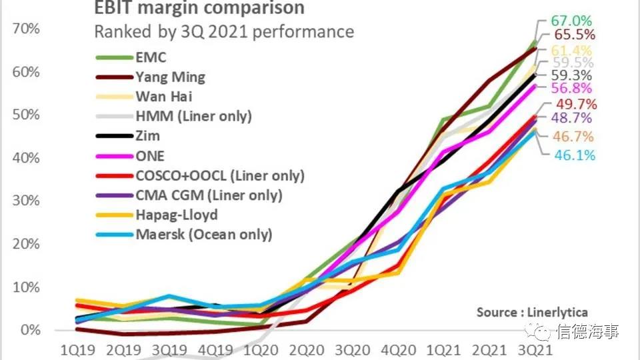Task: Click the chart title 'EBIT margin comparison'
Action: pyautogui.click(x=199, y=9)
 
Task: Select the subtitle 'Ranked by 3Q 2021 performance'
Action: pyautogui.click(x=224, y=32)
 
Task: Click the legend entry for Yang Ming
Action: pyautogui.click(x=171, y=77)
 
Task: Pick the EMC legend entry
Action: pyautogui.click(x=151, y=57)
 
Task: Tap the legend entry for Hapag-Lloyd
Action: pyautogui.click(x=177, y=215)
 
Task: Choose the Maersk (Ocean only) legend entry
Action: pyautogui.click(x=204, y=235)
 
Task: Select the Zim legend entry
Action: pyautogui.click(x=147, y=135)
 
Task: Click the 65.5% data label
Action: pyautogui.click(x=573, y=35)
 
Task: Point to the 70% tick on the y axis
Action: pyautogui.click(x=26, y=29)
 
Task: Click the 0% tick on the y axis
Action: pyautogui.click(x=30, y=331)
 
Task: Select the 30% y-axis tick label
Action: pyautogui.click(x=26, y=201)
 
